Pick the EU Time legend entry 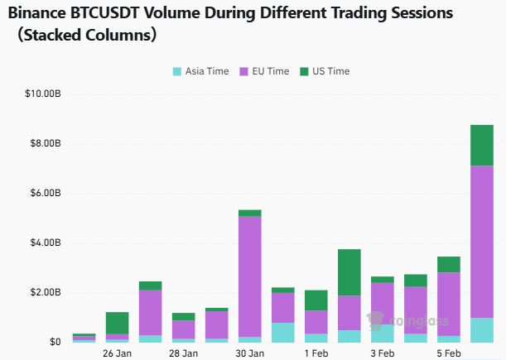(264, 71)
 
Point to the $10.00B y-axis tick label (44, 94)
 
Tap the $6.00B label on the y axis (46, 193)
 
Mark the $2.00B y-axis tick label (46, 292)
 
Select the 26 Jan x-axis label (117, 353)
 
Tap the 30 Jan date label (249, 353)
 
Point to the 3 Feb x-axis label (383, 353)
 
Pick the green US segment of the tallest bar (482, 145)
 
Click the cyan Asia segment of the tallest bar (482, 330)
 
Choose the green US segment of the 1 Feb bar (316, 300)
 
